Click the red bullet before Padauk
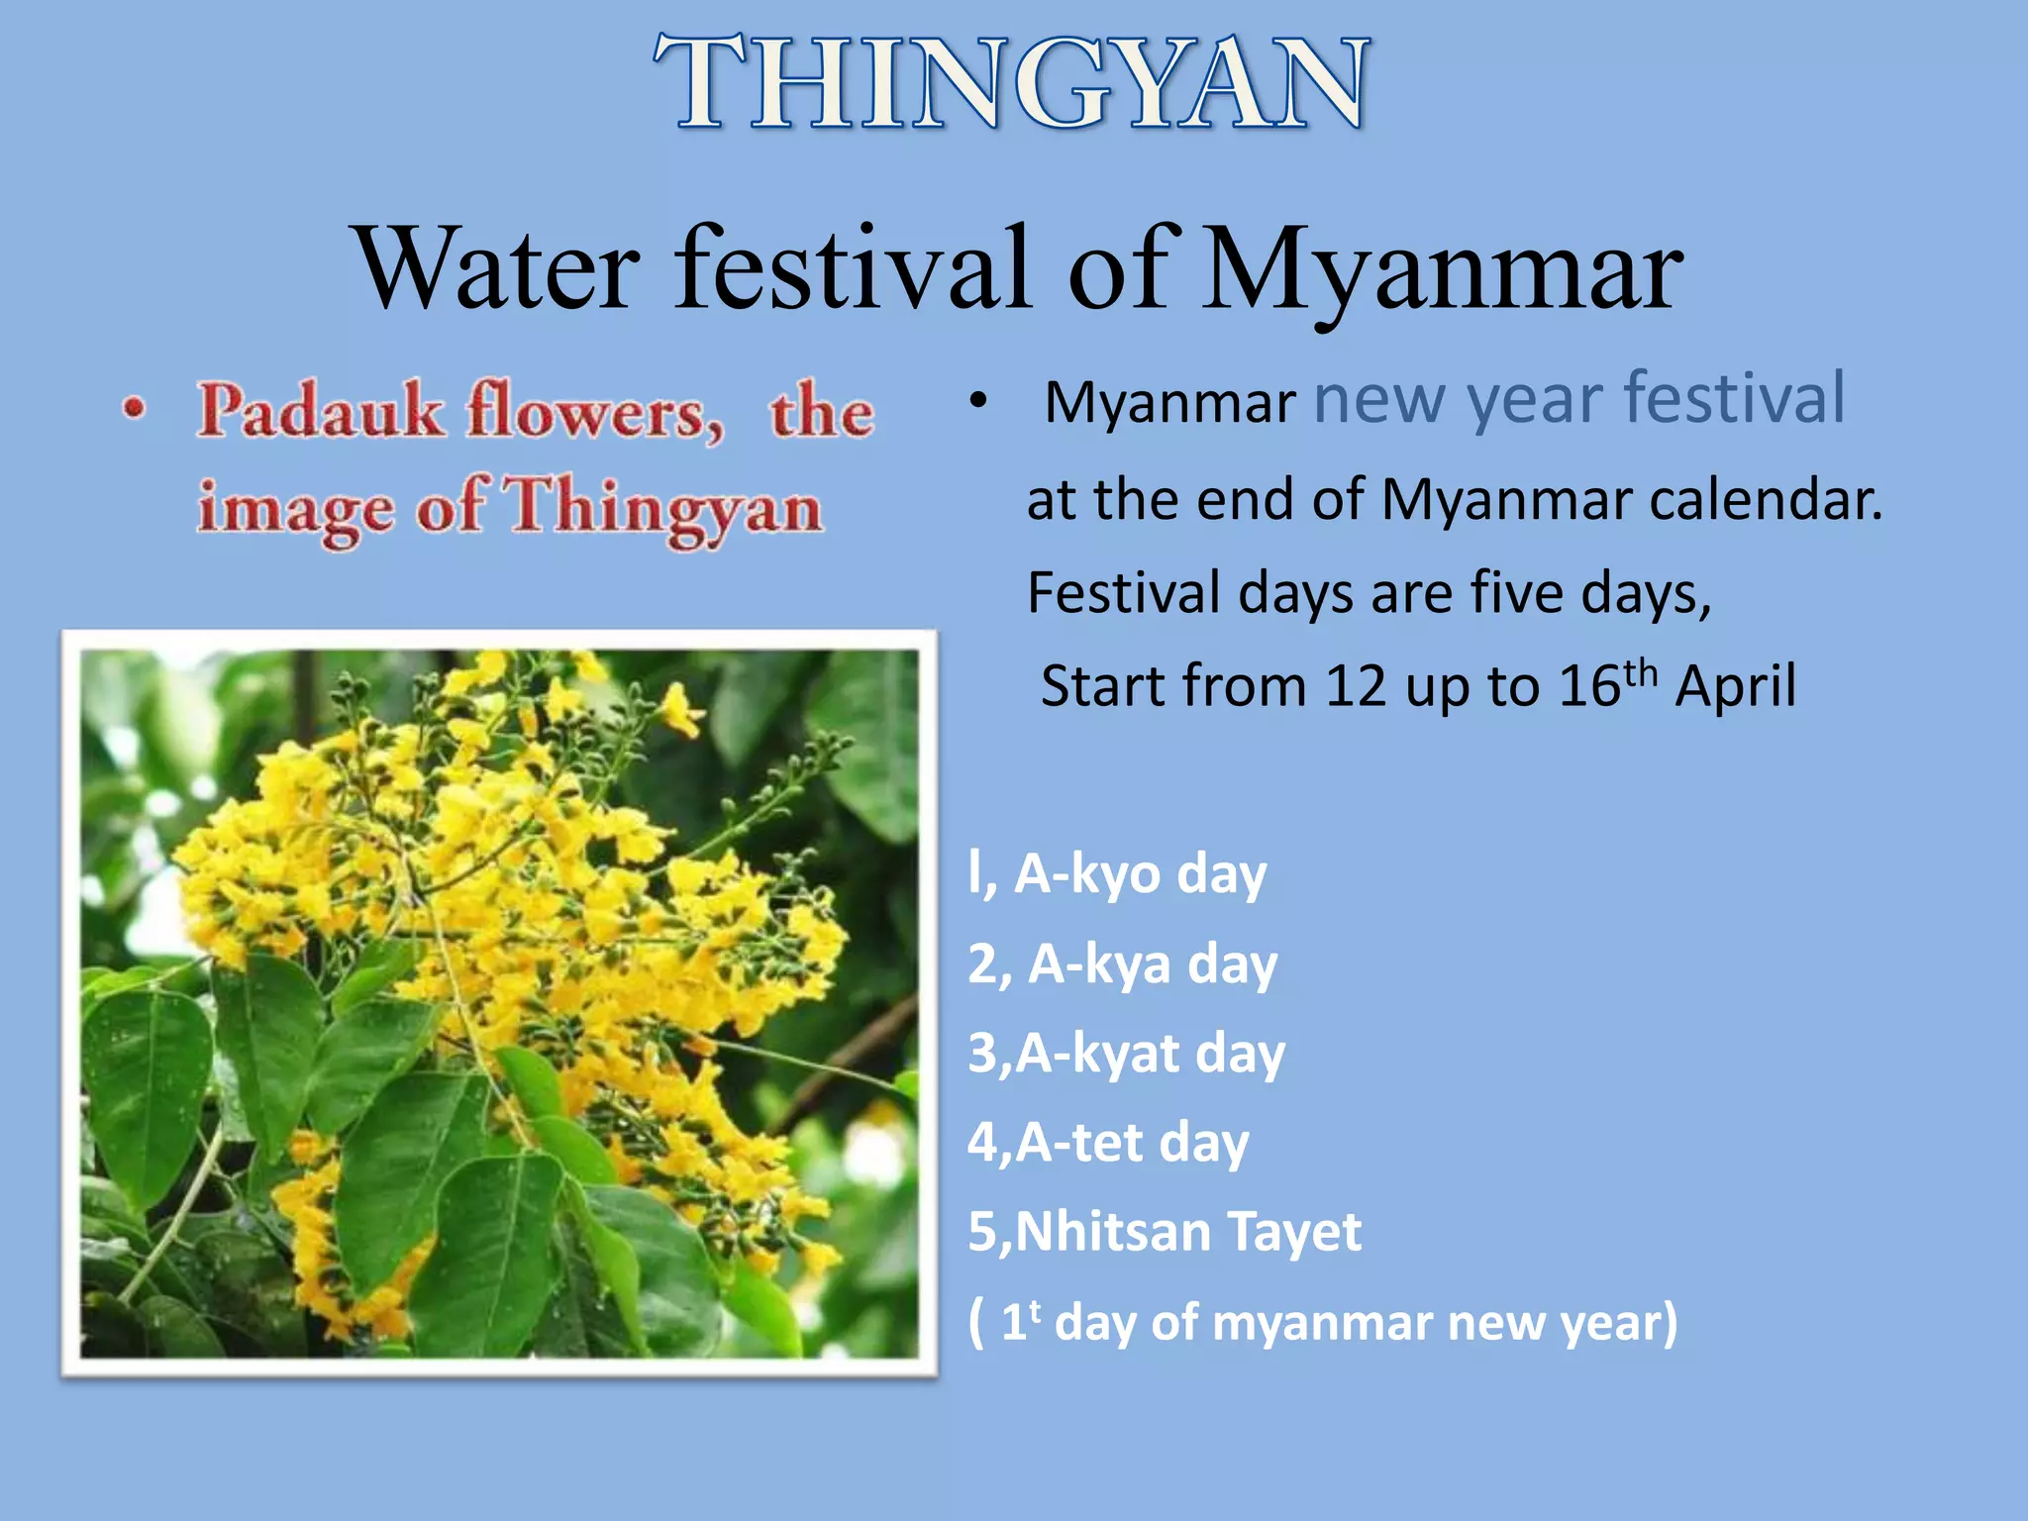(135, 408)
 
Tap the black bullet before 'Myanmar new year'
(978, 401)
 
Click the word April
(1735, 686)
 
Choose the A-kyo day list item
(1117, 875)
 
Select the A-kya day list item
(1123, 964)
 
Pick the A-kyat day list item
(1127, 1054)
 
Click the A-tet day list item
(1108, 1143)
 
